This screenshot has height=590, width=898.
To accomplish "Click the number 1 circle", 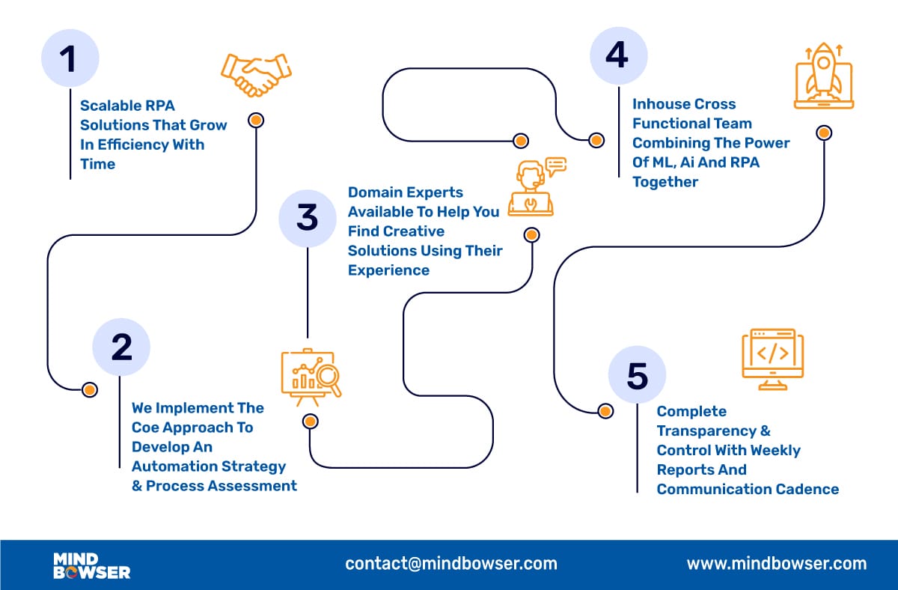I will coord(70,59).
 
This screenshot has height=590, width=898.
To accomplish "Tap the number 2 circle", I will coord(121,347).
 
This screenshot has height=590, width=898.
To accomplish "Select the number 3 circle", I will coord(307,218).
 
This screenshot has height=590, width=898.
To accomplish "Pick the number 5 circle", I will coord(637,375).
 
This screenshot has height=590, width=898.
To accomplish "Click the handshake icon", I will coord(256,75).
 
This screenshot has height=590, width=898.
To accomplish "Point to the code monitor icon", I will coord(772,357).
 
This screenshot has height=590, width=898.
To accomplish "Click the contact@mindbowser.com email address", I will coord(451,564).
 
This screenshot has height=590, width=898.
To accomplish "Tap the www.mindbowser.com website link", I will coord(776,564).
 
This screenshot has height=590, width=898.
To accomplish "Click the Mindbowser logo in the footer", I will coord(91,565).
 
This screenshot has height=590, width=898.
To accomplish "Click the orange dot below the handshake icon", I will coord(256,120).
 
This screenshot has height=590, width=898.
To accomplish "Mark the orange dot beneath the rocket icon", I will coord(823,133).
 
